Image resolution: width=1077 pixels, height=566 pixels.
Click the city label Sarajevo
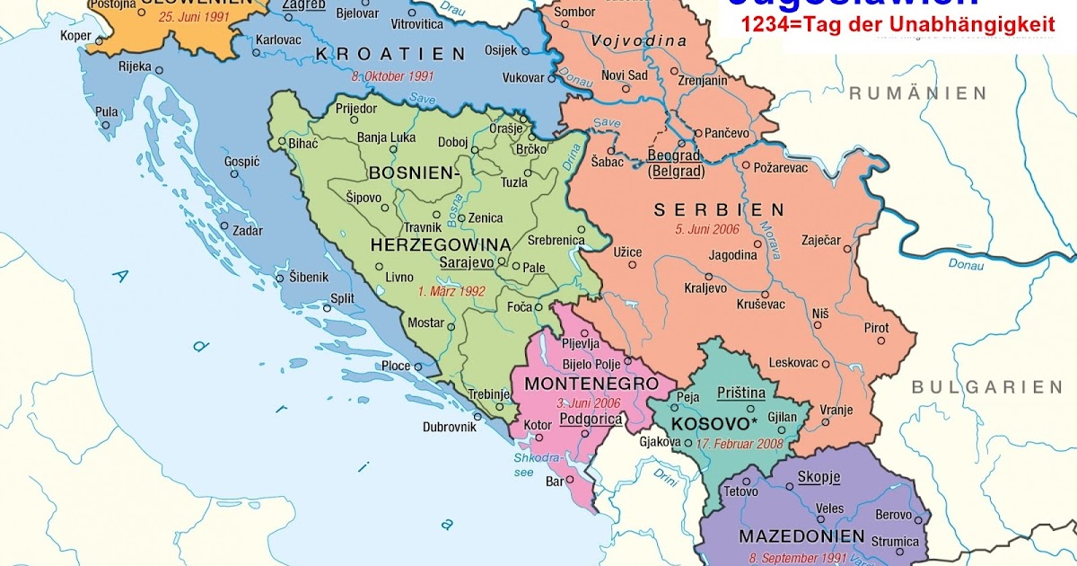coord(467,263)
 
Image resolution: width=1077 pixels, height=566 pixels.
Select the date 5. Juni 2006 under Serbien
coord(706,229)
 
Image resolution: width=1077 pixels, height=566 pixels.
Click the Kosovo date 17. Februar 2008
coord(740,443)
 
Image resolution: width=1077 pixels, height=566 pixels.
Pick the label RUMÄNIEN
coord(917,93)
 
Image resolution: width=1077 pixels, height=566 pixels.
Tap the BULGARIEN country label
coord(986,387)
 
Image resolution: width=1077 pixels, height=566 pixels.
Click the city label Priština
coord(741,393)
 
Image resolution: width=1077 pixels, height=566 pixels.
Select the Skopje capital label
coord(818,476)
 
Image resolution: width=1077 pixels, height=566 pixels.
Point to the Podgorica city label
coord(590,419)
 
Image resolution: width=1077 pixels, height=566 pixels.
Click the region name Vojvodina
coord(638,41)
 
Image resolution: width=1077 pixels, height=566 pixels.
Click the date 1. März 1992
coord(451,291)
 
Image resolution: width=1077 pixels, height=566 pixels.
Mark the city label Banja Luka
coord(385,138)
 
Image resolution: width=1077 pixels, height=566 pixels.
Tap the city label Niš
coord(819,313)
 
